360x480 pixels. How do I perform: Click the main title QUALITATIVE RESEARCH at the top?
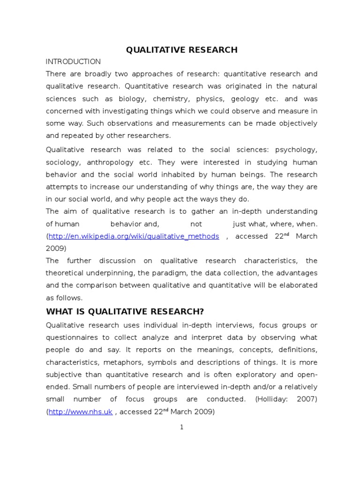181,50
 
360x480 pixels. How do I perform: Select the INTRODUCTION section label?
73,62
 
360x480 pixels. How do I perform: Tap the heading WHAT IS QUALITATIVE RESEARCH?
125,312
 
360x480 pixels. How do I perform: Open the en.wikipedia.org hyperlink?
134,236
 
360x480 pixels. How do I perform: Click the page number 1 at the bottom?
181,427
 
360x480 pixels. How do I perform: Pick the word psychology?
296,150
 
